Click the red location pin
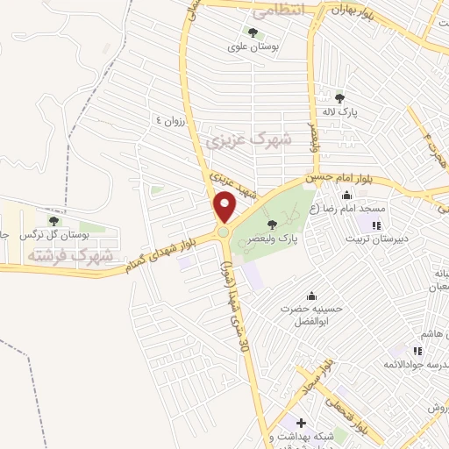(225, 205)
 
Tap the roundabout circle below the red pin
(224, 232)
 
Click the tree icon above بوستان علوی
(253, 33)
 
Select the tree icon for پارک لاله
(339, 98)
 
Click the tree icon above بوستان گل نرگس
(53, 220)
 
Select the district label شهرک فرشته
(71, 255)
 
